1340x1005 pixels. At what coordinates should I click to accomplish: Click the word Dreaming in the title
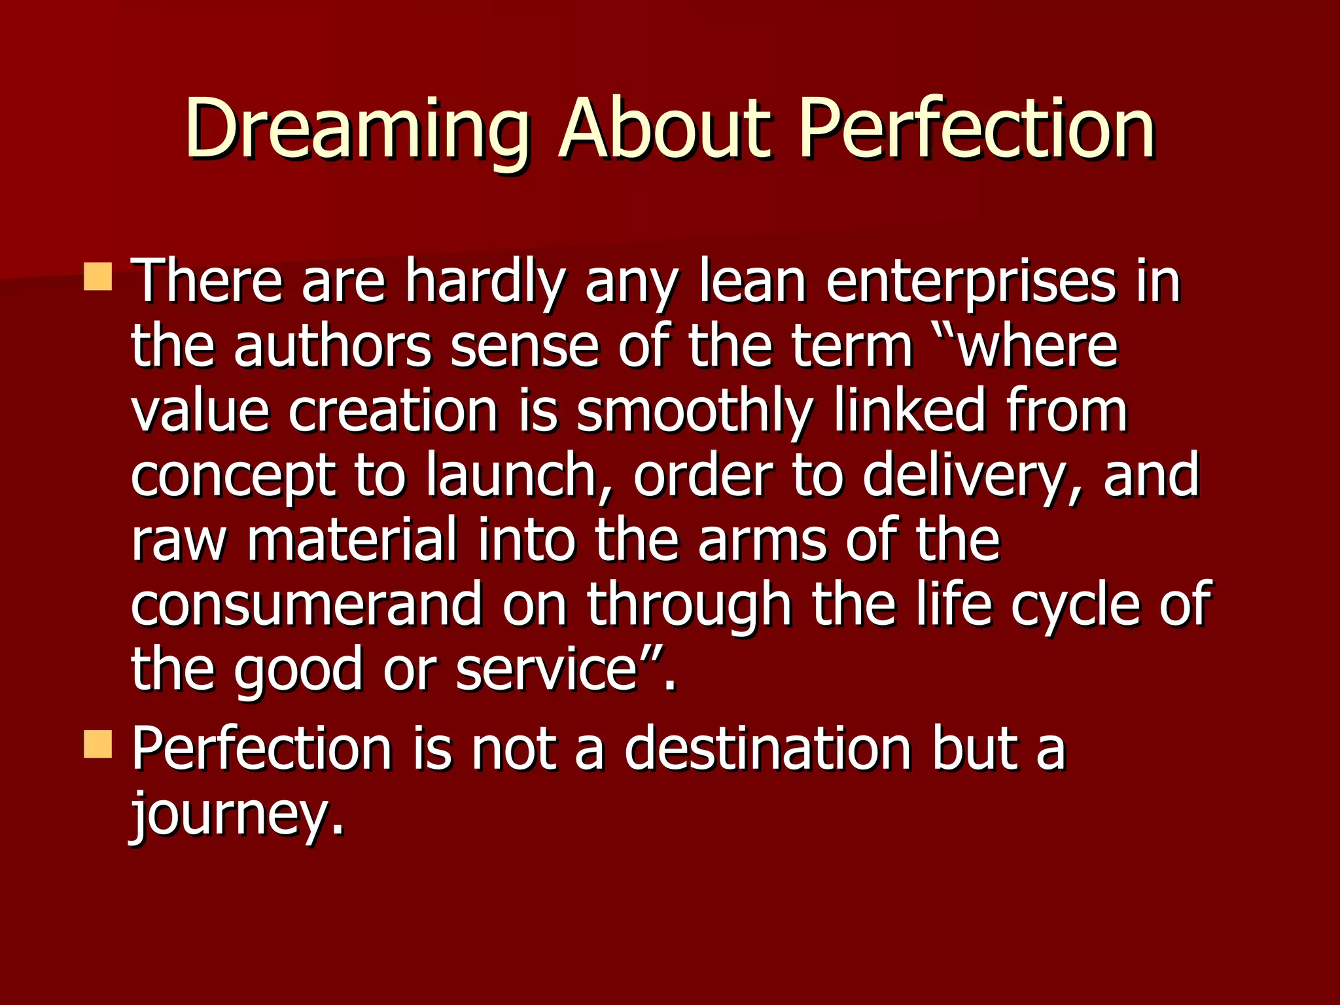(x=357, y=130)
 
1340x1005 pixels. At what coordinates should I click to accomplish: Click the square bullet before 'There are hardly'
(x=98, y=277)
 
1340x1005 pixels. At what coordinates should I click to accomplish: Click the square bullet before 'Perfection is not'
(x=98, y=744)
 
